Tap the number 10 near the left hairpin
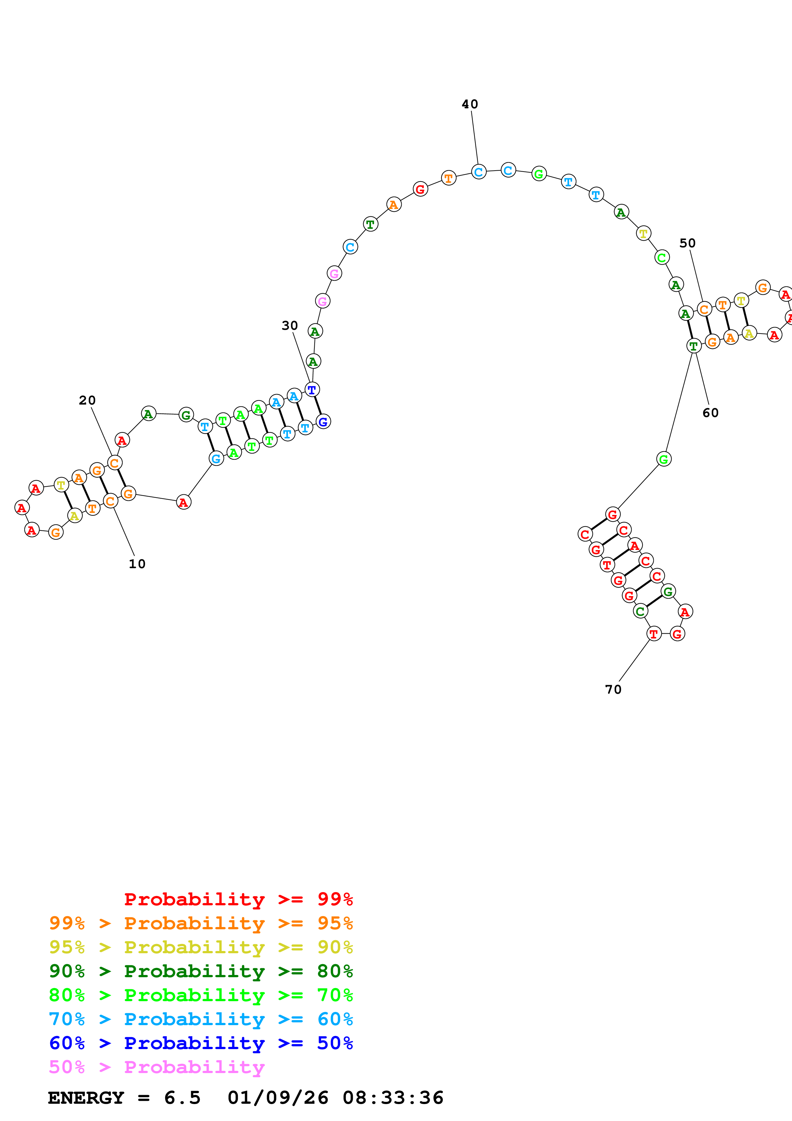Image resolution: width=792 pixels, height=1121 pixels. point(137,564)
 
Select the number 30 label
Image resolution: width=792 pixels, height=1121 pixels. point(289,326)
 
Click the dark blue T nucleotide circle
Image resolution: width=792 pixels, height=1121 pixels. point(312,390)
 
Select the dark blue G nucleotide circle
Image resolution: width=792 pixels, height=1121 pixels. point(323,421)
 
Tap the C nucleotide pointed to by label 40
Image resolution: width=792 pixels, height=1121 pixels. point(479,172)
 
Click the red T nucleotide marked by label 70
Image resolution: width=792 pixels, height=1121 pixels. point(654,634)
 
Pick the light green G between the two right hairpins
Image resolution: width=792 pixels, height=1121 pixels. point(664,459)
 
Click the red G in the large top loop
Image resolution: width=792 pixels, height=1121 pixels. point(420,189)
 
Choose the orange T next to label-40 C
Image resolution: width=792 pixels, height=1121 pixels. point(449,178)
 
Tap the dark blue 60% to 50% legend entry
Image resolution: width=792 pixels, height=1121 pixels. point(201,1043)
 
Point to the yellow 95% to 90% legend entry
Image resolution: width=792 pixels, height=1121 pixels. point(201,947)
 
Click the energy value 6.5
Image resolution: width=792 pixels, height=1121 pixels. point(182,1098)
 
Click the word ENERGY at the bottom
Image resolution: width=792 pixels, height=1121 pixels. point(86,1098)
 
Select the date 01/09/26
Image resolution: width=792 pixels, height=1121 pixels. point(278,1098)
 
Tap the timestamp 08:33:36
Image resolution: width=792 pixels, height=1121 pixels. point(393,1098)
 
